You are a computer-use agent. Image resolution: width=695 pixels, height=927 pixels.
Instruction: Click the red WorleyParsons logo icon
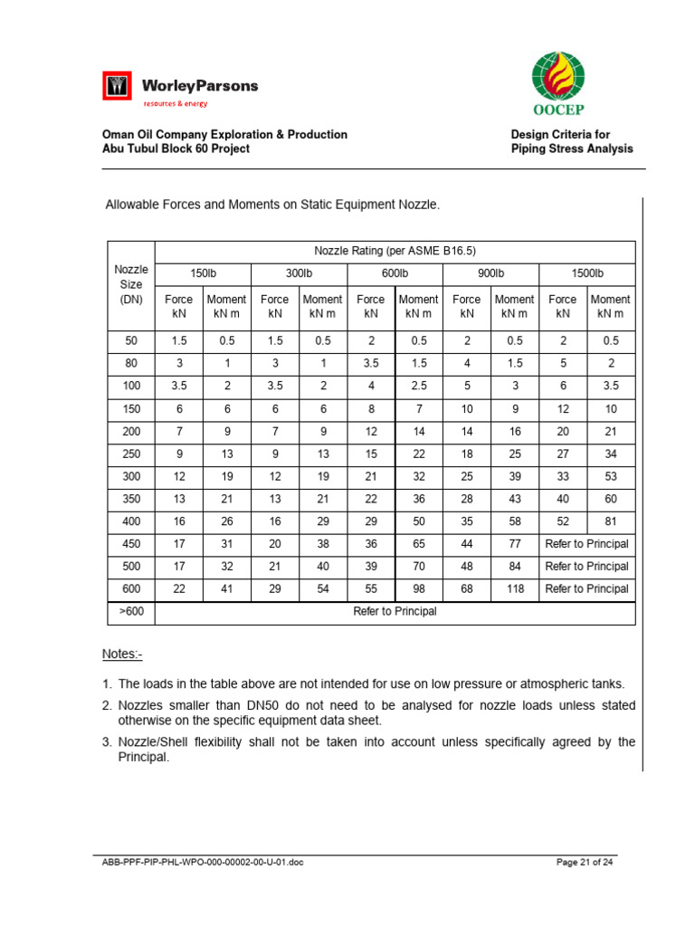117,88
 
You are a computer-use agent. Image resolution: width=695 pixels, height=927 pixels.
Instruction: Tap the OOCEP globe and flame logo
557,77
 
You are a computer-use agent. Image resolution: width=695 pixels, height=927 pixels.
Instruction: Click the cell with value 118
514,588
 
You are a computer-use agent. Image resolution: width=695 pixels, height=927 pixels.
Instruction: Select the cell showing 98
418,588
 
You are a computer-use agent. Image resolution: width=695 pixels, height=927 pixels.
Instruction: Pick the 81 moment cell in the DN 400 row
611,522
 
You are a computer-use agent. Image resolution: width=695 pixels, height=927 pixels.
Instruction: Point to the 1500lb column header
586,272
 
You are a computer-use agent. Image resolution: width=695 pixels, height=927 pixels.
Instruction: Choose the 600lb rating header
394,272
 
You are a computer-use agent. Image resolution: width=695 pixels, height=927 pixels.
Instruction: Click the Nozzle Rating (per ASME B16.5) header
395,251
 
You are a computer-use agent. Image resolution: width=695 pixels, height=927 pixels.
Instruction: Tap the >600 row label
131,611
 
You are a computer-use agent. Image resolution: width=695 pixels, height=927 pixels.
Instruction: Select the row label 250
131,453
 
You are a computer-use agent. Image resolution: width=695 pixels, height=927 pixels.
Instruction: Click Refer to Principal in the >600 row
395,611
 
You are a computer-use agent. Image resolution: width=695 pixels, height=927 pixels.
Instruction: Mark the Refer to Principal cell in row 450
586,544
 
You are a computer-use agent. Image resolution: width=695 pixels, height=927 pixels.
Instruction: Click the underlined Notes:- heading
122,654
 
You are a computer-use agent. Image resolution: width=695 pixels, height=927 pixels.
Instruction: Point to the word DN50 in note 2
268,704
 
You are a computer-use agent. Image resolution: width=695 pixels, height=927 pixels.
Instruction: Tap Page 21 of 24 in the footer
585,862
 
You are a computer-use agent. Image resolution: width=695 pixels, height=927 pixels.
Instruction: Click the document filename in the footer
203,862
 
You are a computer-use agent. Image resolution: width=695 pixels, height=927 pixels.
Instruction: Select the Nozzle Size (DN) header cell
131,284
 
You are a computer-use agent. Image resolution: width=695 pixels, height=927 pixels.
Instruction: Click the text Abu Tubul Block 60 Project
176,148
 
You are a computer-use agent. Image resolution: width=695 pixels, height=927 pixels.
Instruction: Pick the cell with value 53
611,476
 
